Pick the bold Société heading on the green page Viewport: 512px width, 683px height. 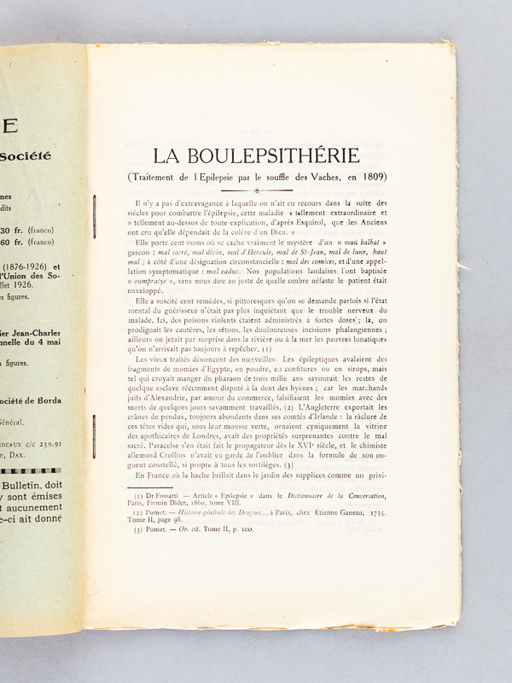coord(26,156)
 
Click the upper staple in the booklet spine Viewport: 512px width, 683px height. coord(93,211)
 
